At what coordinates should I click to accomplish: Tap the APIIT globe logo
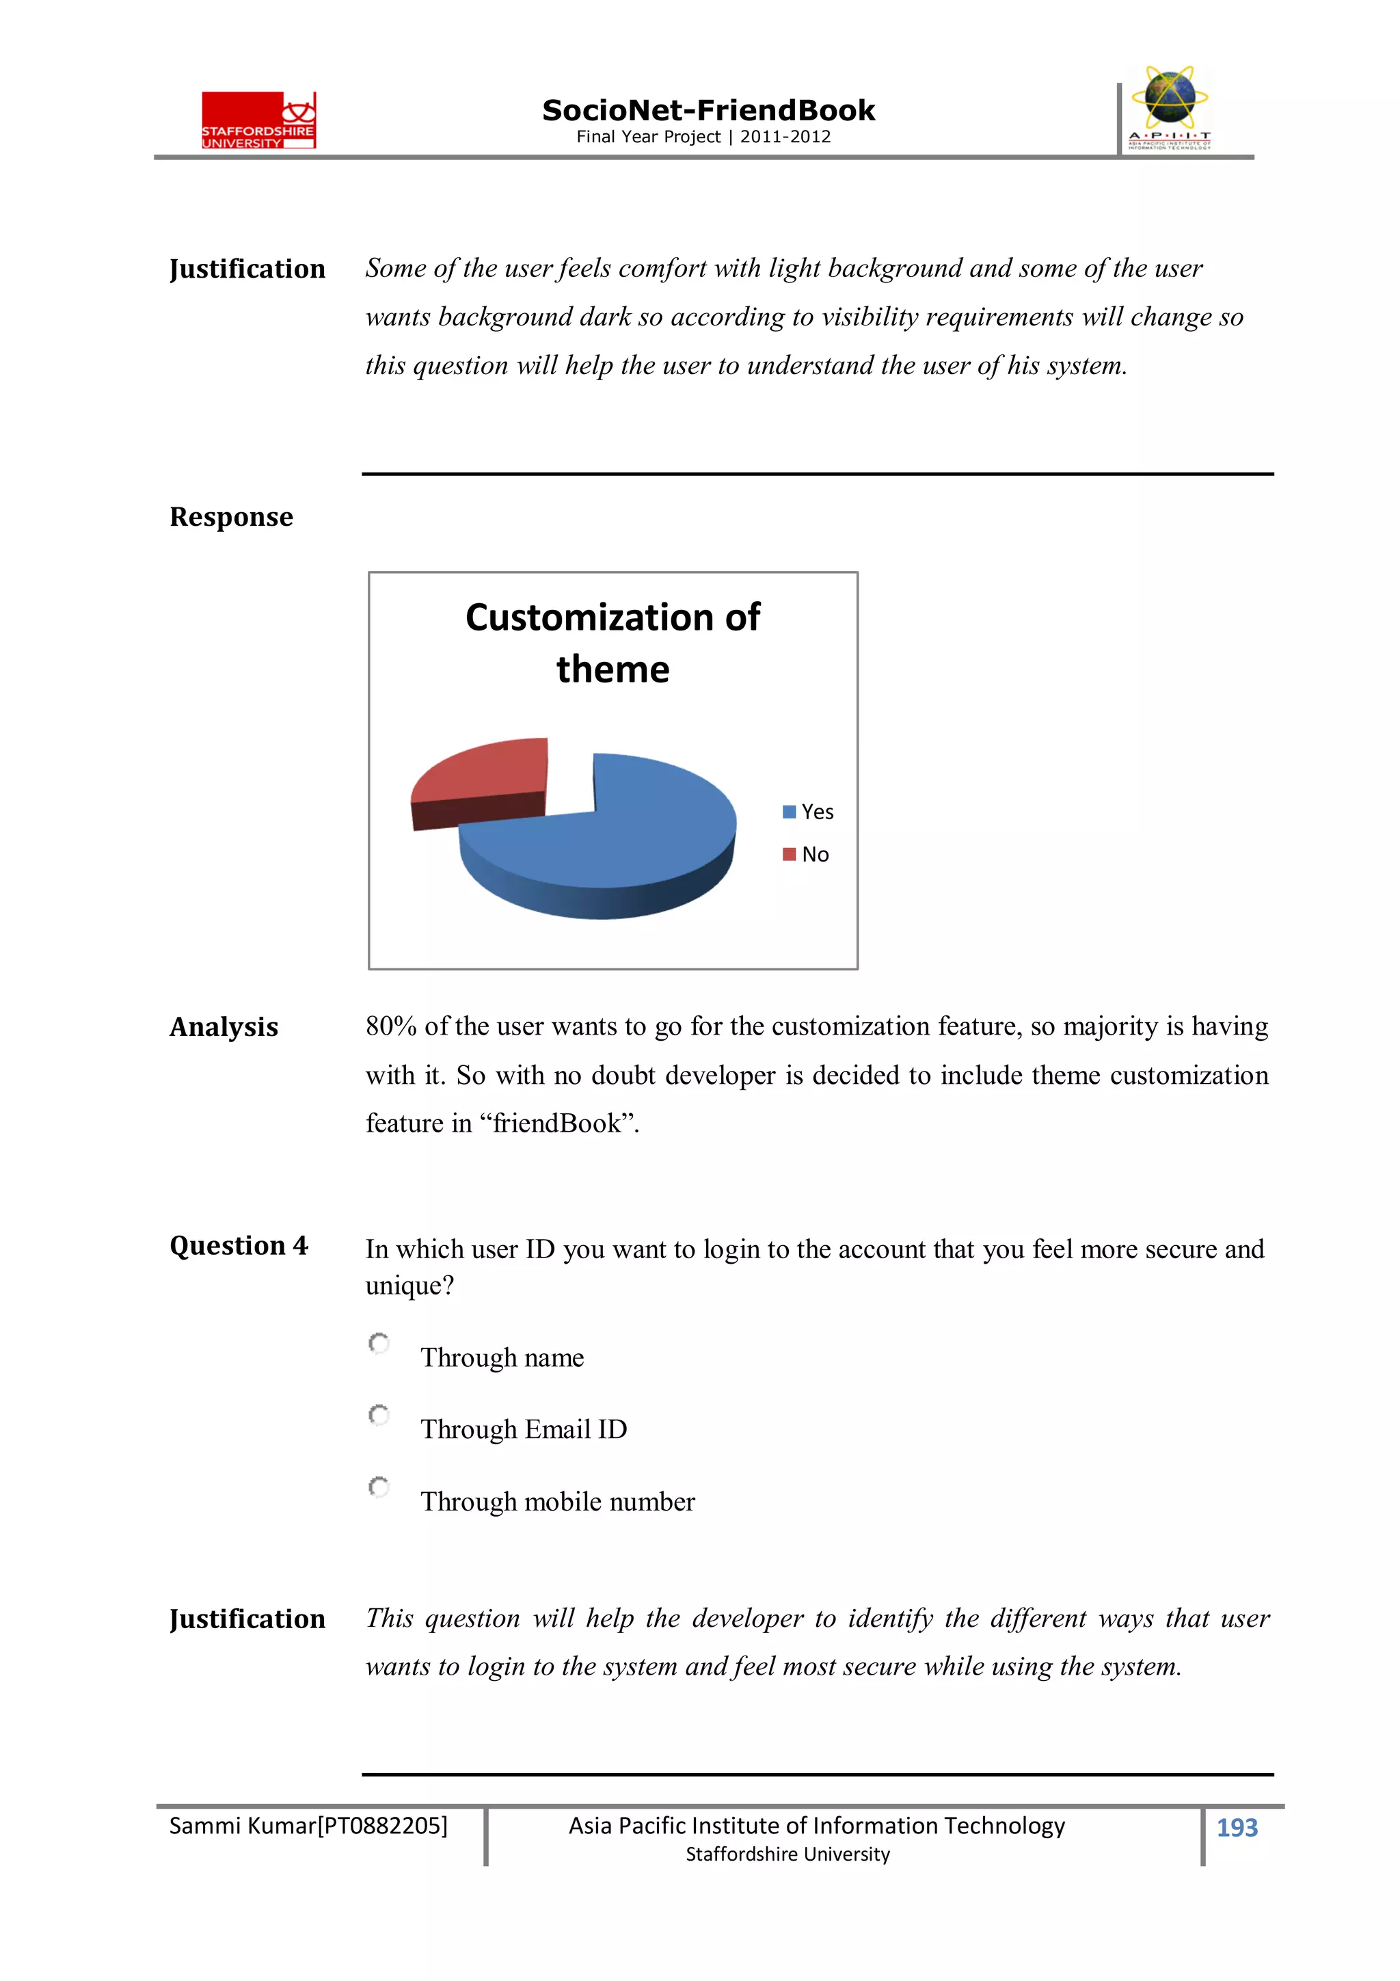[x=1169, y=107]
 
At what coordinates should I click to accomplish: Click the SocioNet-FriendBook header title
[x=708, y=111]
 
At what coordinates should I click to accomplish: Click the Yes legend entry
[x=808, y=812]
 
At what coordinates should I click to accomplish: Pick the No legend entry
[x=807, y=854]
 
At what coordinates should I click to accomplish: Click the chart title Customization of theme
[x=612, y=643]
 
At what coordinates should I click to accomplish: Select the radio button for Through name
[x=379, y=1344]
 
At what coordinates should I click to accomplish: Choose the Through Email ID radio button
[x=379, y=1415]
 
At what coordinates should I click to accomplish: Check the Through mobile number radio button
[x=379, y=1487]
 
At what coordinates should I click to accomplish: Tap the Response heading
[x=231, y=517]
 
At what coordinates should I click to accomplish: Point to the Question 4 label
[x=238, y=1246]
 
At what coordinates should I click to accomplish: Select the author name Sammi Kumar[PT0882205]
[x=308, y=1826]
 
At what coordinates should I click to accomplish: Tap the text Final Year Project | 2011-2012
[x=703, y=136]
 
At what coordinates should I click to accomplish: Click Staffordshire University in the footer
[x=787, y=1854]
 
